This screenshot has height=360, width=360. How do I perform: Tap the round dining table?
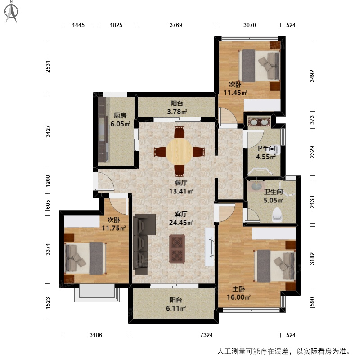(179, 152)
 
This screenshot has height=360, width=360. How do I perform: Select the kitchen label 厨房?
(120, 116)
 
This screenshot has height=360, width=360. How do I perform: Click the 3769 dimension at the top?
(176, 25)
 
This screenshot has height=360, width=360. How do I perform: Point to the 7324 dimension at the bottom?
(207, 335)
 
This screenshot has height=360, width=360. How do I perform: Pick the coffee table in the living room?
(177, 249)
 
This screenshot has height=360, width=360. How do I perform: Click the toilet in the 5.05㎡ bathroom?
(277, 215)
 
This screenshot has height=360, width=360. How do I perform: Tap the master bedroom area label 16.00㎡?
(238, 297)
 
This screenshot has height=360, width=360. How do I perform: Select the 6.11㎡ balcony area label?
(176, 308)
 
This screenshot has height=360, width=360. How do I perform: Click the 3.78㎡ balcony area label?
(177, 112)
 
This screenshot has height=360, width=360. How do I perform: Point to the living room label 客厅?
(181, 214)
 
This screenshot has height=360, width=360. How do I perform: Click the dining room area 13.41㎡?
(181, 191)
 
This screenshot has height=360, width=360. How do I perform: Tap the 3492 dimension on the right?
(312, 76)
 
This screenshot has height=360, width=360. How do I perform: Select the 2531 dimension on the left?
(48, 67)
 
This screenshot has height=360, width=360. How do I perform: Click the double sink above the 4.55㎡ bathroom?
(260, 122)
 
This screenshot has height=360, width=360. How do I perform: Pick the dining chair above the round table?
(179, 132)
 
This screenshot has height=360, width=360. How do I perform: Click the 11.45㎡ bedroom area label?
(235, 93)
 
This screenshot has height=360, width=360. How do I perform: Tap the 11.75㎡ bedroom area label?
(114, 228)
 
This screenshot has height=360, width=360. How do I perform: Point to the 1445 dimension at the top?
(78, 25)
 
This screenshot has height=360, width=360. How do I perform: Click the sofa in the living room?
(142, 244)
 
